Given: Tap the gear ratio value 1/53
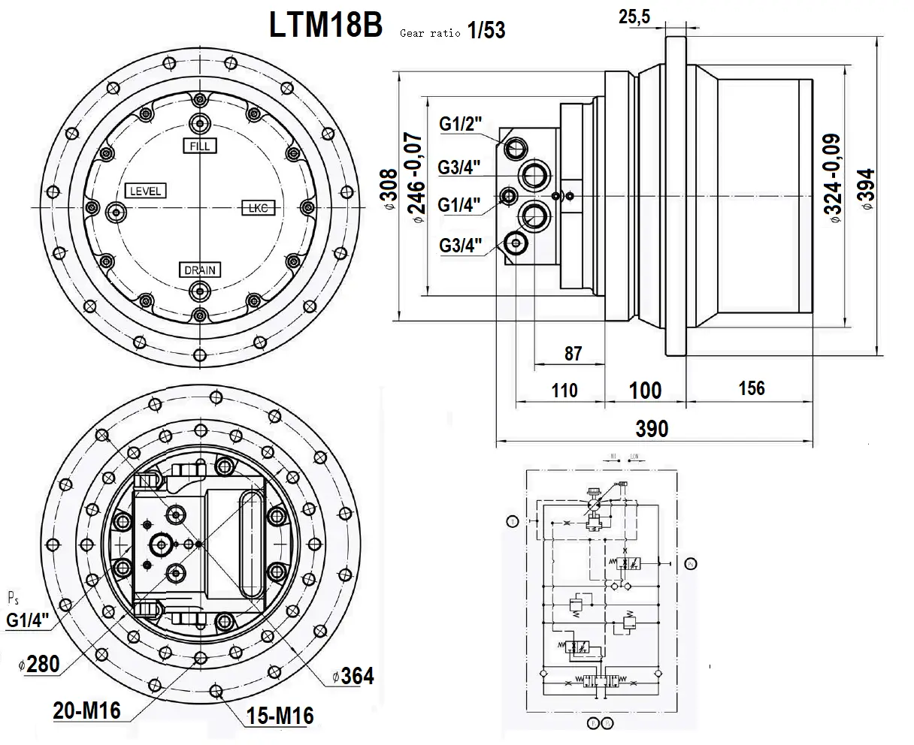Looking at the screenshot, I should (x=486, y=30).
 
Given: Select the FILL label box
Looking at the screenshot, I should (x=200, y=145).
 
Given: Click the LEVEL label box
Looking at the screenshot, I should (x=145, y=190).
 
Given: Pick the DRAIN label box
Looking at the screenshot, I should (x=200, y=269).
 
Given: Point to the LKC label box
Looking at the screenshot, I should (x=258, y=207).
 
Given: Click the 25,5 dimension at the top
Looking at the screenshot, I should (x=634, y=17).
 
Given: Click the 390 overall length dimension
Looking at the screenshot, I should (x=651, y=428).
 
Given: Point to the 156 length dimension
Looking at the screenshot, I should (x=751, y=388).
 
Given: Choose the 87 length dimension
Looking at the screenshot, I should (x=573, y=352).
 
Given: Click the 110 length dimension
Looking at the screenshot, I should (x=564, y=390).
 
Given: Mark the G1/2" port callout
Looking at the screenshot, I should (x=461, y=125).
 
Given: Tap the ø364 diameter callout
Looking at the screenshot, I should (x=353, y=675).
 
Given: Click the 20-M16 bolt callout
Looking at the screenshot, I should (x=86, y=710).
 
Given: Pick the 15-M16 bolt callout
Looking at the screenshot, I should (x=280, y=714).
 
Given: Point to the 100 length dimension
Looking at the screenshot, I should (x=645, y=390).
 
